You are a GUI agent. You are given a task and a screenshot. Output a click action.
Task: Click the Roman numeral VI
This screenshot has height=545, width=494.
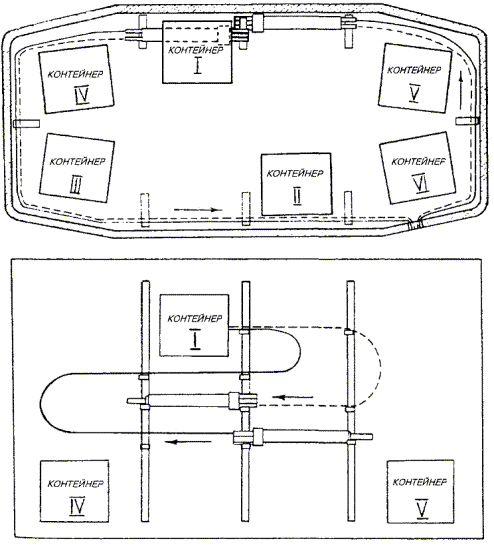click(x=421, y=184)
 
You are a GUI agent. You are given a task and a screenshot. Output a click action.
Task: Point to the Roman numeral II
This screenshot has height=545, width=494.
click(x=297, y=197)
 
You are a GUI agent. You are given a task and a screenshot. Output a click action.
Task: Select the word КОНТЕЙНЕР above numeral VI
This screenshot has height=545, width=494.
click(x=419, y=162)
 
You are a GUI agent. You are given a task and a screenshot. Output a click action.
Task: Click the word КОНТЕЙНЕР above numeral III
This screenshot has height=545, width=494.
click(x=78, y=162)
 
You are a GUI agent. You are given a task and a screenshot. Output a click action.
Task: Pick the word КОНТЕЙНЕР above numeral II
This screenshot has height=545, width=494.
click(x=295, y=173)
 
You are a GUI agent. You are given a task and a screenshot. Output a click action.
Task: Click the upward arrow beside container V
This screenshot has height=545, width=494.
click(x=461, y=90)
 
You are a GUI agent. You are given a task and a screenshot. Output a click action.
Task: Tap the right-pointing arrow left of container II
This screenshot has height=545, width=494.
click(x=198, y=210)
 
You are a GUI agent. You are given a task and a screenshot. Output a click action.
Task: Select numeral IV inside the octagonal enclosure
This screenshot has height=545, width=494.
click(x=82, y=95)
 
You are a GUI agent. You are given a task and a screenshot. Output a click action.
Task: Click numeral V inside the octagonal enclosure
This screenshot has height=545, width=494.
click(x=414, y=93)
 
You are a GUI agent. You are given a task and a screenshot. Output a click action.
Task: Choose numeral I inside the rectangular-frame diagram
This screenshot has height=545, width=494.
click(x=195, y=340)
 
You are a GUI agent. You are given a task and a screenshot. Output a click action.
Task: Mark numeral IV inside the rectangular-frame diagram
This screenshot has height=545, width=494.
click(x=77, y=506)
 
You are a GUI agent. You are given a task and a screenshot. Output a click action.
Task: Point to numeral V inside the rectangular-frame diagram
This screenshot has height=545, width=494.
click(x=422, y=509)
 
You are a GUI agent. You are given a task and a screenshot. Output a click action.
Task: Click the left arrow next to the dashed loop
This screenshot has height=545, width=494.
click(x=293, y=397)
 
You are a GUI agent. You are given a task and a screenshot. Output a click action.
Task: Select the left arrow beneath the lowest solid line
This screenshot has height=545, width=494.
click(x=188, y=442)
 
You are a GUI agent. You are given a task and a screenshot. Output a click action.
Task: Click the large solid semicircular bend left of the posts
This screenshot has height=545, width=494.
click(x=41, y=403)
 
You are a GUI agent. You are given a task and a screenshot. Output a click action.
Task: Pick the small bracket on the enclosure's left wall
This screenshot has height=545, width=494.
click(x=26, y=124)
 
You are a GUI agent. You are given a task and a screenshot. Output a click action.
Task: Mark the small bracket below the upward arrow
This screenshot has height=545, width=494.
click(x=468, y=121)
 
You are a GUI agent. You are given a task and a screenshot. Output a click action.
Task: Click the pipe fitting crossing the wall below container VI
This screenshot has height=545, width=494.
click(x=415, y=223)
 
